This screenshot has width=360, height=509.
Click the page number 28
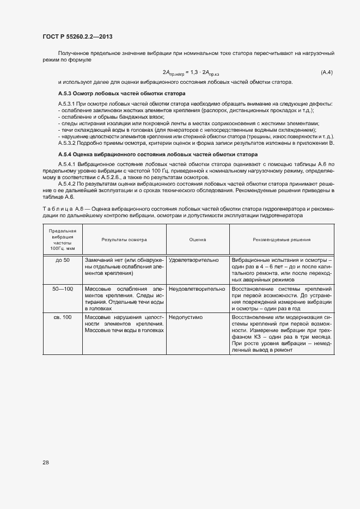[46, 463]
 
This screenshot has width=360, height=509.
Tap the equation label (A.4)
[327, 72]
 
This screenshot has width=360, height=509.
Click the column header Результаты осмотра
[124, 240]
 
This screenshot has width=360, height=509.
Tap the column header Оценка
[197, 240]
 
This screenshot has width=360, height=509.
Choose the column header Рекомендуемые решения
[282, 240]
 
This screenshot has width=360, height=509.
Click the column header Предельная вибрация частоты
[62, 240]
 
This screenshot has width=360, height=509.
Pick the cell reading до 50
[63, 260]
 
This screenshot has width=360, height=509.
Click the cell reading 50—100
[63, 289]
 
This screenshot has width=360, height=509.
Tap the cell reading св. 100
[63, 317]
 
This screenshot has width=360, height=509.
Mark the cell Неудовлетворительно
[197, 289]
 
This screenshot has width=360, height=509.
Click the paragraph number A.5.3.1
[66, 103]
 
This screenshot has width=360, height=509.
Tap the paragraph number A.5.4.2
[66, 185]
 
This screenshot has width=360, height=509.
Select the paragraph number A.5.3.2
[66, 143]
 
